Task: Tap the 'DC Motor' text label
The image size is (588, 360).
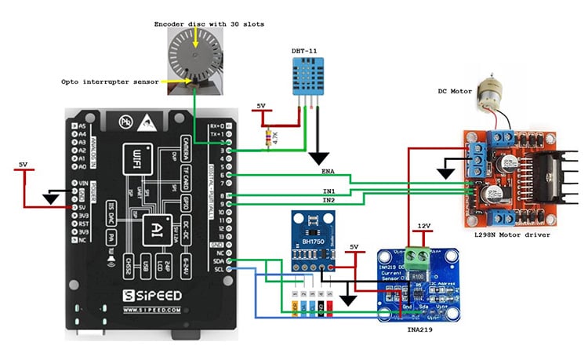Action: (456, 90)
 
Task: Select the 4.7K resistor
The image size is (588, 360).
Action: (271, 139)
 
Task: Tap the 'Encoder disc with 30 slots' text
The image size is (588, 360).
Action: (209, 24)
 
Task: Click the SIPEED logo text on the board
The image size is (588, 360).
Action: (153, 296)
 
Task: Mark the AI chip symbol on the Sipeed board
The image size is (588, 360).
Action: (158, 224)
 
